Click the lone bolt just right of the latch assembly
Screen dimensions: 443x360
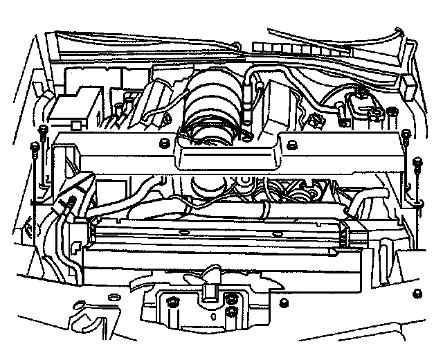point(284,302)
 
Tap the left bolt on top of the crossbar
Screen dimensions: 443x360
point(164,143)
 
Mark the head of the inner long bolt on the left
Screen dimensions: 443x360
point(44,129)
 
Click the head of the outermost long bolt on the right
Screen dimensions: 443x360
point(417,163)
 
